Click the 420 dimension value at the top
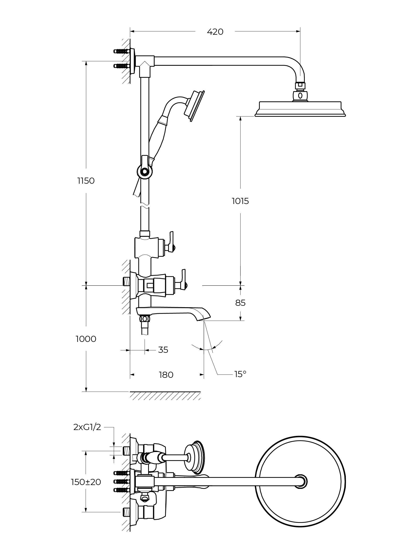[x=215, y=32]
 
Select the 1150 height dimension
[x=86, y=181]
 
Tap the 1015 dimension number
[x=240, y=201]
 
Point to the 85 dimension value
[x=240, y=303]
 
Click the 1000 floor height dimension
[x=86, y=339]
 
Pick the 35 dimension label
[x=163, y=350]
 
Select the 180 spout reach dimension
[x=166, y=375]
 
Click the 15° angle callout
[x=240, y=374]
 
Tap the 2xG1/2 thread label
[x=87, y=427]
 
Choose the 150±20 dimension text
[x=86, y=482]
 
